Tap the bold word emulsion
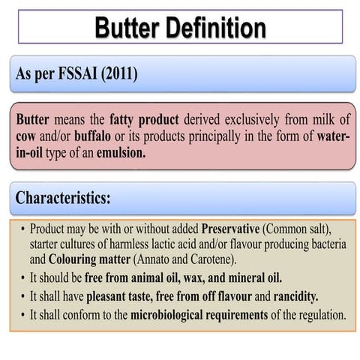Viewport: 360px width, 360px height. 120,151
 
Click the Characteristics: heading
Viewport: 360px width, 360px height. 63,199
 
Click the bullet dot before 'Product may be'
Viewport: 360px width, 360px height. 24,228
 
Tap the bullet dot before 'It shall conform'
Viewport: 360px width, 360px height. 24,316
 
